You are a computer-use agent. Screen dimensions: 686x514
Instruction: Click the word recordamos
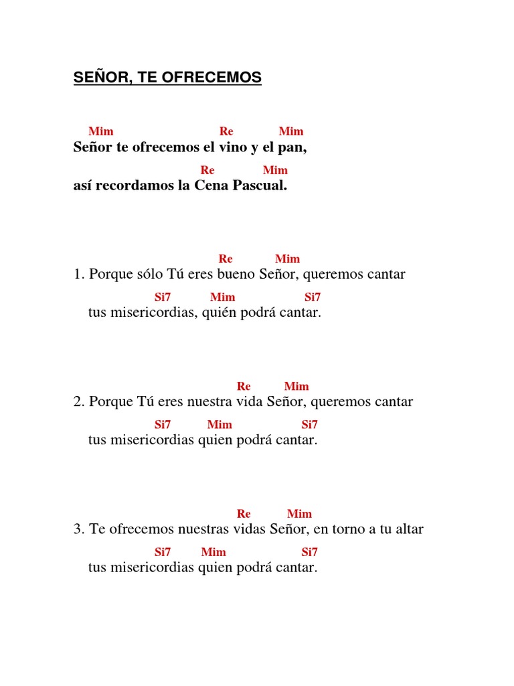tap(135, 186)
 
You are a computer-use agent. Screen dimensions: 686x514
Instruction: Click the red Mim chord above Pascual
tap(275, 170)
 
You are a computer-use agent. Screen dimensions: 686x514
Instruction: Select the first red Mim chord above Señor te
tap(101, 131)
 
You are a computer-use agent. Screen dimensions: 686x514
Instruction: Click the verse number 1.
tap(77, 275)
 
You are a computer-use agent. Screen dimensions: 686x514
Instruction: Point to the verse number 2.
tap(77, 402)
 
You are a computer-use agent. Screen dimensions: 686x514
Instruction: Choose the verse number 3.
tap(77, 529)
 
